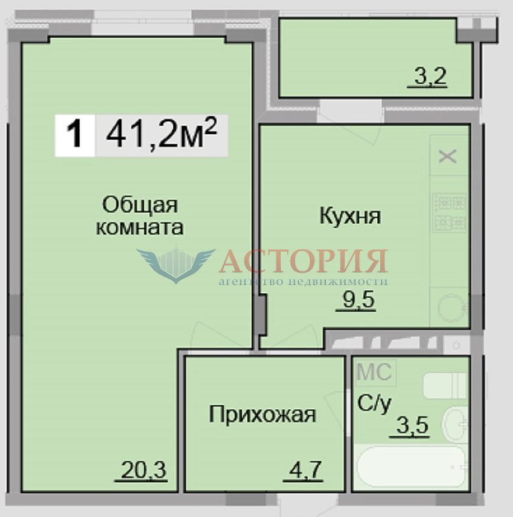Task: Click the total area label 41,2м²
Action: (161, 134)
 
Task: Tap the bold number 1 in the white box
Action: (74, 135)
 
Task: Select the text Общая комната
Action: (140, 216)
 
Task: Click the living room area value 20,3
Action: (143, 470)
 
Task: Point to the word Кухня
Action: (350, 216)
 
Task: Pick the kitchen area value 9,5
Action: (359, 300)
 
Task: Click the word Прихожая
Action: (262, 414)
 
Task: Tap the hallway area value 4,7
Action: (304, 470)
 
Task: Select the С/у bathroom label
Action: (374, 404)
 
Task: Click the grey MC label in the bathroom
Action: (374, 372)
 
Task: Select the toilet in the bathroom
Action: (445, 385)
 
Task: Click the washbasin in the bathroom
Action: (455, 423)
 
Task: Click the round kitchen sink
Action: (452, 307)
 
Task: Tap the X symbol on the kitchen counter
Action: (447, 156)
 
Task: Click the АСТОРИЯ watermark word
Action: (303, 261)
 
